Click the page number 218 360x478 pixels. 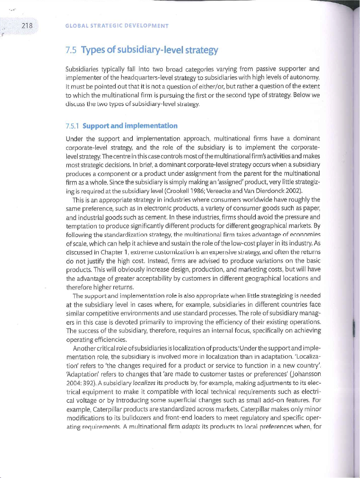click(x=27, y=25)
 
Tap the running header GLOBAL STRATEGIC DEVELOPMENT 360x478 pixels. click(x=117, y=26)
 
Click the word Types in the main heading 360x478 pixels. click(x=93, y=50)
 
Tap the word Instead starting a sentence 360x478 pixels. click(x=158, y=261)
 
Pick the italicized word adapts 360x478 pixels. click(x=191, y=426)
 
